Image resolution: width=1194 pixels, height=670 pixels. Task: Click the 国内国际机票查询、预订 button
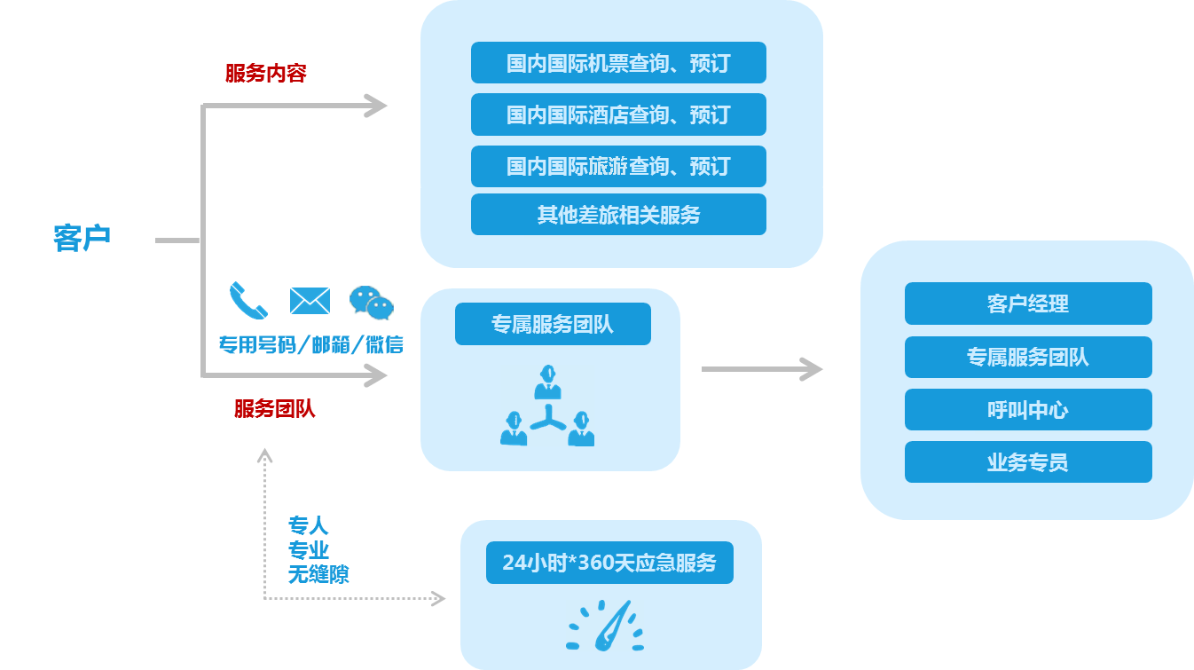(x=618, y=63)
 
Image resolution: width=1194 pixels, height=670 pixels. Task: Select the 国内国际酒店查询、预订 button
(x=618, y=114)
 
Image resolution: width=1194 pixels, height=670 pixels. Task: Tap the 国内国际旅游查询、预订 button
(x=618, y=166)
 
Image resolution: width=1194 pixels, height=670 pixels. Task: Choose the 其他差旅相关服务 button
(x=618, y=215)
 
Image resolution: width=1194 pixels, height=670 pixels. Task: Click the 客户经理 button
(x=1028, y=303)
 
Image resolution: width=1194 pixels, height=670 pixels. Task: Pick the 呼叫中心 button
(x=1028, y=409)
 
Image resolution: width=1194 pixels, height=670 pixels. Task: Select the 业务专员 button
(x=1028, y=462)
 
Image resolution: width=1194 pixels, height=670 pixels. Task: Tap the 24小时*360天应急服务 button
(x=609, y=563)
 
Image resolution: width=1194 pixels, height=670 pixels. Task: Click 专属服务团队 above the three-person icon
(x=553, y=324)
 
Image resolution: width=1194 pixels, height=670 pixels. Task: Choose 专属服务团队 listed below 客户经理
(x=1028, y=357)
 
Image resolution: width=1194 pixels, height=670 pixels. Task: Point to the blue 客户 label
(x=82, y=238)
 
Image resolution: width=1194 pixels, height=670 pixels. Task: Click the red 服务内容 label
(x=266, y=74)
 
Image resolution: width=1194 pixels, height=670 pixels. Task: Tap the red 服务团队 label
(x=275, y=409)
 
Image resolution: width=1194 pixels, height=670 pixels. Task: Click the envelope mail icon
(x=310, y=301)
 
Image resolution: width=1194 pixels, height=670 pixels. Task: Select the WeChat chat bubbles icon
(x=372, y=302)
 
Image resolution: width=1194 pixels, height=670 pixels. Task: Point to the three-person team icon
(x=547, y=406)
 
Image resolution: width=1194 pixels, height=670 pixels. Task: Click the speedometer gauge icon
(x=605, y=627)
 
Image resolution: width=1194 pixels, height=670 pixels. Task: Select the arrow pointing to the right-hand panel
(x=763, y=369)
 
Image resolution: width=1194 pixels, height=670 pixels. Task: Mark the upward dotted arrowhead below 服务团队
(x=264, y=455)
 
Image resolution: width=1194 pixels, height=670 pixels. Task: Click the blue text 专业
(x=308, y=549)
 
